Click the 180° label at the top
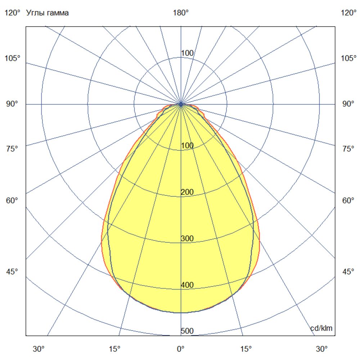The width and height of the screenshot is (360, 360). (x=181, y=13)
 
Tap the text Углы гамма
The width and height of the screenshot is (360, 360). (x=48, y=13)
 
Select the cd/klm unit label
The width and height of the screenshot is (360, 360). (x=321, y=328)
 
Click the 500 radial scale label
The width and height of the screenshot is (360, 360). (x=187, y=331)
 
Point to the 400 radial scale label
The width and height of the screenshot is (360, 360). (x=187, y=285)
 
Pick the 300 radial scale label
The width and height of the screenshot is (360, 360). (x=187, y=239)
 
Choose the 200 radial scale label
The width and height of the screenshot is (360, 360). (x=187, y=192)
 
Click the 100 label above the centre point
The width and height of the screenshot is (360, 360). (x=187, y=53)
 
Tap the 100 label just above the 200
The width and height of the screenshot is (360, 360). (x=187, y=146)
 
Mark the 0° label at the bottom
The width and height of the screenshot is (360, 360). (x=181, y=349)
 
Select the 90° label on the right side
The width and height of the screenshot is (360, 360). (x=348, y=104)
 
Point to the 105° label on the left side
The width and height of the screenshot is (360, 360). (x=13, y=58)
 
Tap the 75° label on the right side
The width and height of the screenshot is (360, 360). (x=348, y=149)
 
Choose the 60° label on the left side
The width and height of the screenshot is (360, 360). (x=12, y=201)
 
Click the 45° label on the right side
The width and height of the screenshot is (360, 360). (x=348, y=271)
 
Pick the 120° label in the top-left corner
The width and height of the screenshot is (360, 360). (x=13, y=13)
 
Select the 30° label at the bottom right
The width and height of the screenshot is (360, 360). (x=322, y=349)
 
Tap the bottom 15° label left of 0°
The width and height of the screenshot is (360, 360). (x=114, y=349)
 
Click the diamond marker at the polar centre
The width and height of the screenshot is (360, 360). (x=181, y=104)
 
